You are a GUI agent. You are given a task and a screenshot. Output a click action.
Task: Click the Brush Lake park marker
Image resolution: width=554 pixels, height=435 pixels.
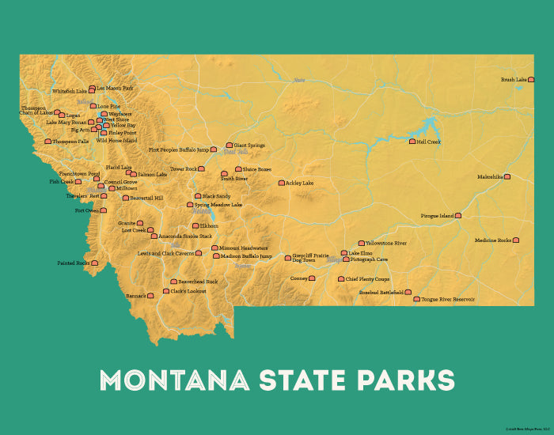(529, 79)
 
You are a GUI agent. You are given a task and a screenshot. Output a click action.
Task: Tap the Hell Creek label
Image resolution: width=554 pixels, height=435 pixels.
(428, 142)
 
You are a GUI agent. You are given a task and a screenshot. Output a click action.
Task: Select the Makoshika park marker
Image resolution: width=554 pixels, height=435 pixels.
(507, 177)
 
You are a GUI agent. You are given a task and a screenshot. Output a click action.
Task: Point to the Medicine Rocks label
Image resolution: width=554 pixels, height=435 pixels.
(493, 240)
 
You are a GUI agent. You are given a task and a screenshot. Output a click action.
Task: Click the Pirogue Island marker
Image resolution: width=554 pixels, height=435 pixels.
(457, 215)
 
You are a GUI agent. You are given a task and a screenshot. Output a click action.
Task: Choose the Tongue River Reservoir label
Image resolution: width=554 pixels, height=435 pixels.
(448, 300)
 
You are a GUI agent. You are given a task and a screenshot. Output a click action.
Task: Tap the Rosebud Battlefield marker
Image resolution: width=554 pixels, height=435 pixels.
(408, 292)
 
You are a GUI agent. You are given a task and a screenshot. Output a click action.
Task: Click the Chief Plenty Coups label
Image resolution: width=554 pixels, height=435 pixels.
(368, 278)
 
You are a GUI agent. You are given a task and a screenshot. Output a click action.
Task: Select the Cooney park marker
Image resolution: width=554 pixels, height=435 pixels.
(312, 278)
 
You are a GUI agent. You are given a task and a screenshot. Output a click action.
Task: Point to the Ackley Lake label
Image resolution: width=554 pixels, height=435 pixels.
(300, 183)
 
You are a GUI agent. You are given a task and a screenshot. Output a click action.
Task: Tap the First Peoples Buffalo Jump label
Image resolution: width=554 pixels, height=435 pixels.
(179, 149)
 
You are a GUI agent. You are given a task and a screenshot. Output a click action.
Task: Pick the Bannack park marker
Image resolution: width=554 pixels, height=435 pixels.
(150, 296)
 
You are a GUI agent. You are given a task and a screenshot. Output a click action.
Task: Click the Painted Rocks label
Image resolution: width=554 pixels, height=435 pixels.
(74, 263)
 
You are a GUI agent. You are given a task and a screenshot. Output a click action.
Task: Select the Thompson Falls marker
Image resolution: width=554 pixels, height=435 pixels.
(47, 142)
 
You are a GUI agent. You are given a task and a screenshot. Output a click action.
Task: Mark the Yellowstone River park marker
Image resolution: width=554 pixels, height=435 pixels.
(362, 244)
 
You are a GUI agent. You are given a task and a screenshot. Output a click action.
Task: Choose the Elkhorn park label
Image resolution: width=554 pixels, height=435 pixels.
(209, 225)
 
